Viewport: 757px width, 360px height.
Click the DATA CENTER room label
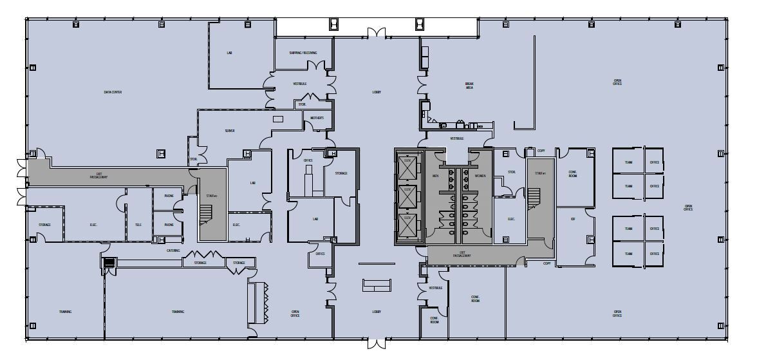coord(113,92)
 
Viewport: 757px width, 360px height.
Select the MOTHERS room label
coord(317,118)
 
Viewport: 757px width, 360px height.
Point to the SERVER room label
coord(230,130)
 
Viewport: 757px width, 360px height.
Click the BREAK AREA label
coord(469,85)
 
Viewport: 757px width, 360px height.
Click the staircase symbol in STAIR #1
coord(535,198)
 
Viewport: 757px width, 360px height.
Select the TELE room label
coord(138,225)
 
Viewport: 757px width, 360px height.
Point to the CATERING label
coord(173,251)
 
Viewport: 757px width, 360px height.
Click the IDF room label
coord(573,220)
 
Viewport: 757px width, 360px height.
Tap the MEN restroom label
coord(435,176)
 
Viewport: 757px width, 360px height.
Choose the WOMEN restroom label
coord(480,176)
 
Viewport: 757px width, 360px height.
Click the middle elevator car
coord(407,198)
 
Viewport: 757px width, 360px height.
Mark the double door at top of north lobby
coord(377,32)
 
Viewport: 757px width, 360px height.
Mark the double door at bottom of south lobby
coord(377,343)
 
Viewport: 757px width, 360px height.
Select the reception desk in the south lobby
coord(377,286)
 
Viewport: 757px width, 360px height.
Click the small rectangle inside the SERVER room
coord(278,119)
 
